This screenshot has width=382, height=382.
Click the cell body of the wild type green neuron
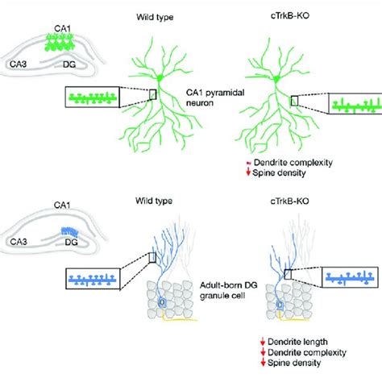(160, 76)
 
